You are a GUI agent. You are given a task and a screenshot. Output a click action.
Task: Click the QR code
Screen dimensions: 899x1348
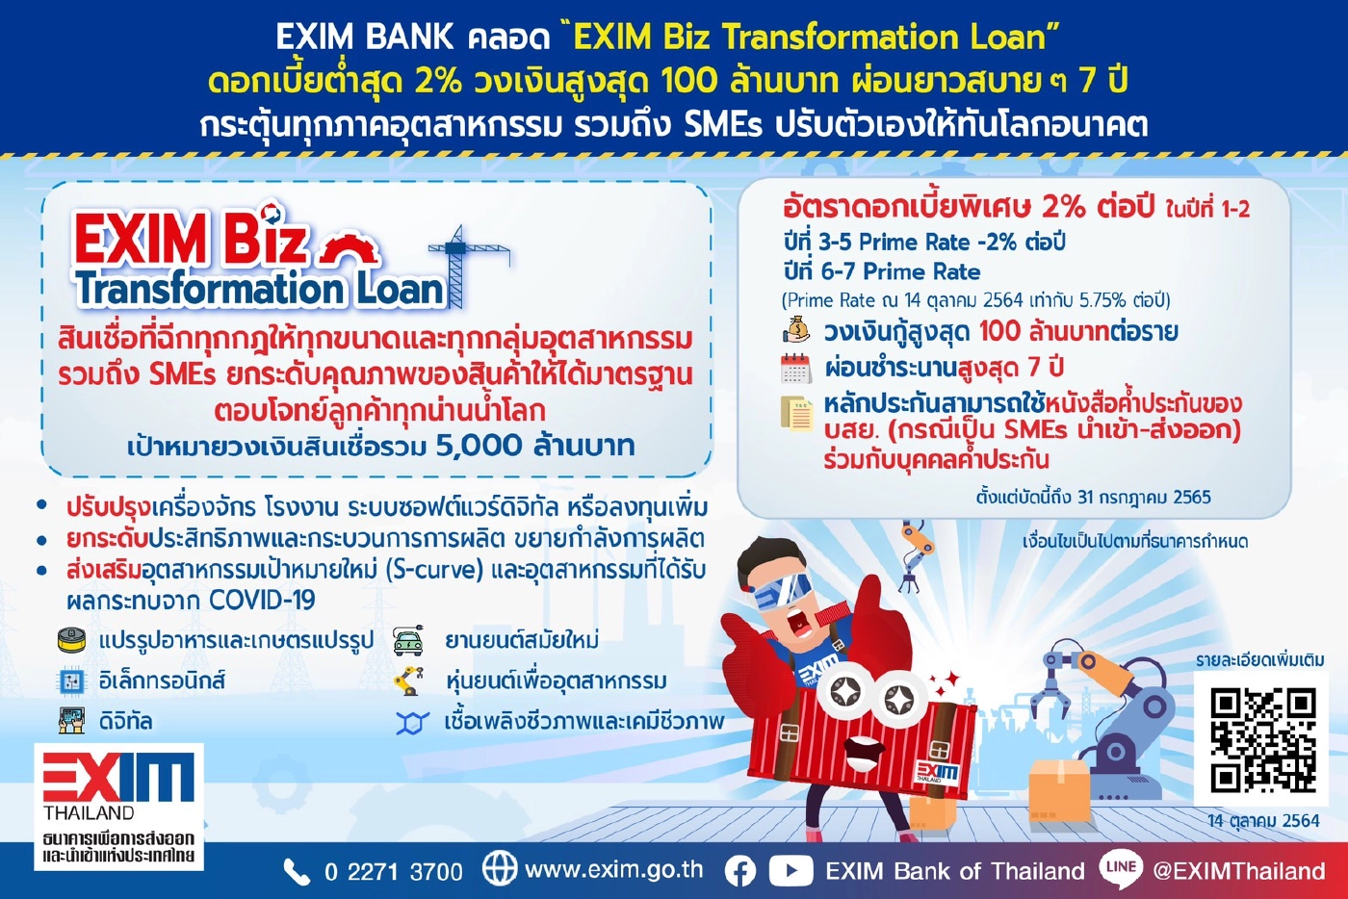(1262, 739)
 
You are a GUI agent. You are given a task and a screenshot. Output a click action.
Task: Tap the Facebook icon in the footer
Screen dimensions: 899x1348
(739, 871)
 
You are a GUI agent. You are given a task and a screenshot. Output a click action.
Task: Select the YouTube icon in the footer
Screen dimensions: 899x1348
(791, 871)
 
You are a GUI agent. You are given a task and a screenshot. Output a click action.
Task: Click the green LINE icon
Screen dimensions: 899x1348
(1121, 868)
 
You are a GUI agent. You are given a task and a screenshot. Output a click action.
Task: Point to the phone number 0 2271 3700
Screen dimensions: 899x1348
(393, 872)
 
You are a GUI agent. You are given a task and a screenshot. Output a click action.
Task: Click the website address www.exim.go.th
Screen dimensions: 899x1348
(613, 870)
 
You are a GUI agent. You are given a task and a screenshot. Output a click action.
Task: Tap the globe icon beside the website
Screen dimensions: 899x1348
(499, 868)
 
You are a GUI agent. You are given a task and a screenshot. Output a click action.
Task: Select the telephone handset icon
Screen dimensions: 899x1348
(296, 872)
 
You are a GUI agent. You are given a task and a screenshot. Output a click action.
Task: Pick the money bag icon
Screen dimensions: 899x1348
(796, 331)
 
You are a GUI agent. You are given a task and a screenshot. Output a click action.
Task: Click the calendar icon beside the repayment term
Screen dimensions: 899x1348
(795, 368)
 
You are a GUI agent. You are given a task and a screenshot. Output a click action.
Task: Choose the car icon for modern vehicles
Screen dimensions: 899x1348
(408, 641)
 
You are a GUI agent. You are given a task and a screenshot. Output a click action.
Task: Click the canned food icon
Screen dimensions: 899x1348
(72, 640)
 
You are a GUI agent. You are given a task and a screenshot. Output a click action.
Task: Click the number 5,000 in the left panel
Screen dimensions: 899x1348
(479, 446)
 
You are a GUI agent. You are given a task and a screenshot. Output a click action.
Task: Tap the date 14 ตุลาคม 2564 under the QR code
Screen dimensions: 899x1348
(1263, 821)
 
